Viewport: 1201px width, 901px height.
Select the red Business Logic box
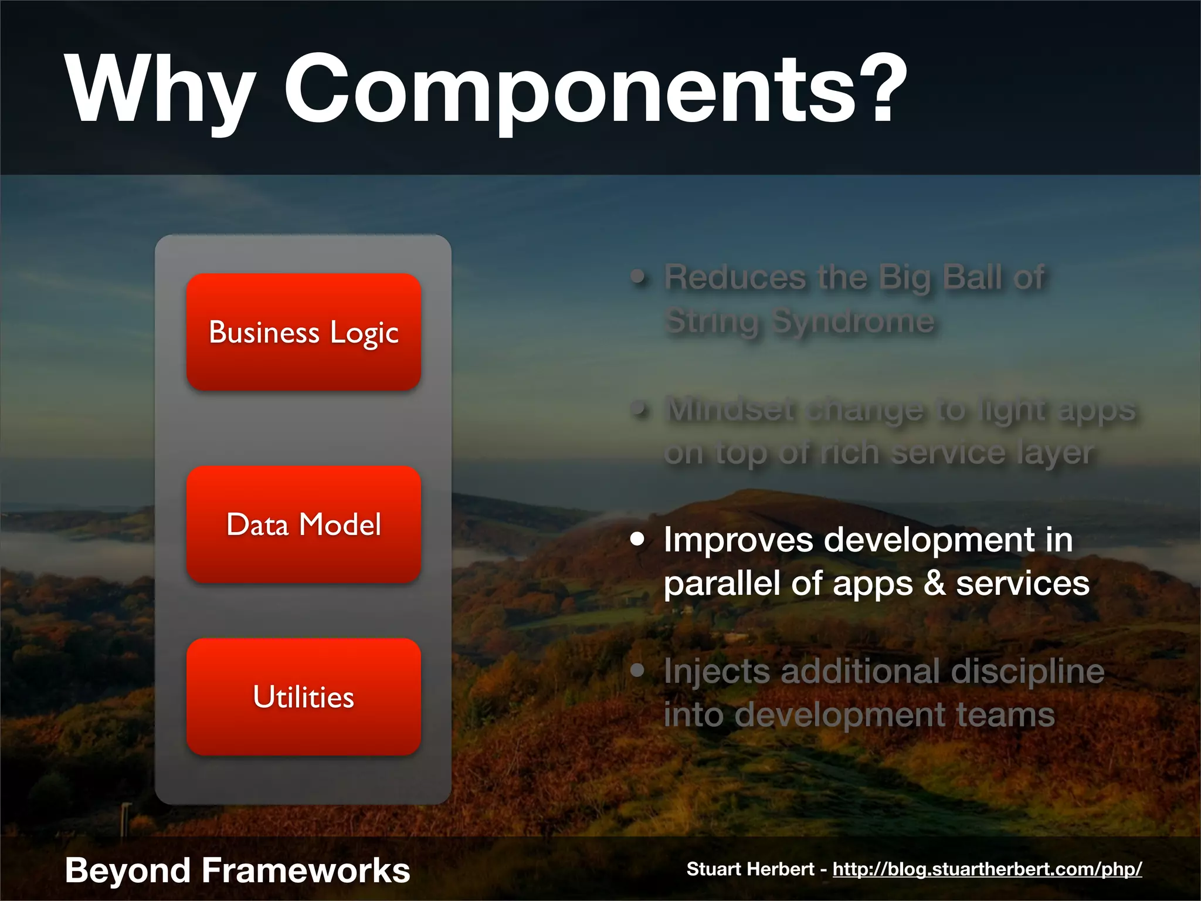[x=304, y=332]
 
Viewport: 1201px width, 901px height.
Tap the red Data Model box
[x=304, y=524]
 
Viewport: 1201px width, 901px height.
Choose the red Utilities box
[x=304, y=697]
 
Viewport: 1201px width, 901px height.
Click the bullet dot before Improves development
[x=637, y=539]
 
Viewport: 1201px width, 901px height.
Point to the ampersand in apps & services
[x=934, y=584]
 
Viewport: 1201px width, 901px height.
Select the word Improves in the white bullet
[x=738, y=540]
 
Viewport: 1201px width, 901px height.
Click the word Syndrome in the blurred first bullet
[x=853, y=321]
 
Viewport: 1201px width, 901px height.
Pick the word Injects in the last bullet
[x=717, y=672]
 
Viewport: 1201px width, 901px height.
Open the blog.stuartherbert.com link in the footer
[x=987, y=869]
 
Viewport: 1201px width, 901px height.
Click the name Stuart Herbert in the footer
[x=750, y=869]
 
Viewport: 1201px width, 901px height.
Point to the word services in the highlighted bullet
[x=1023, y=584]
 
